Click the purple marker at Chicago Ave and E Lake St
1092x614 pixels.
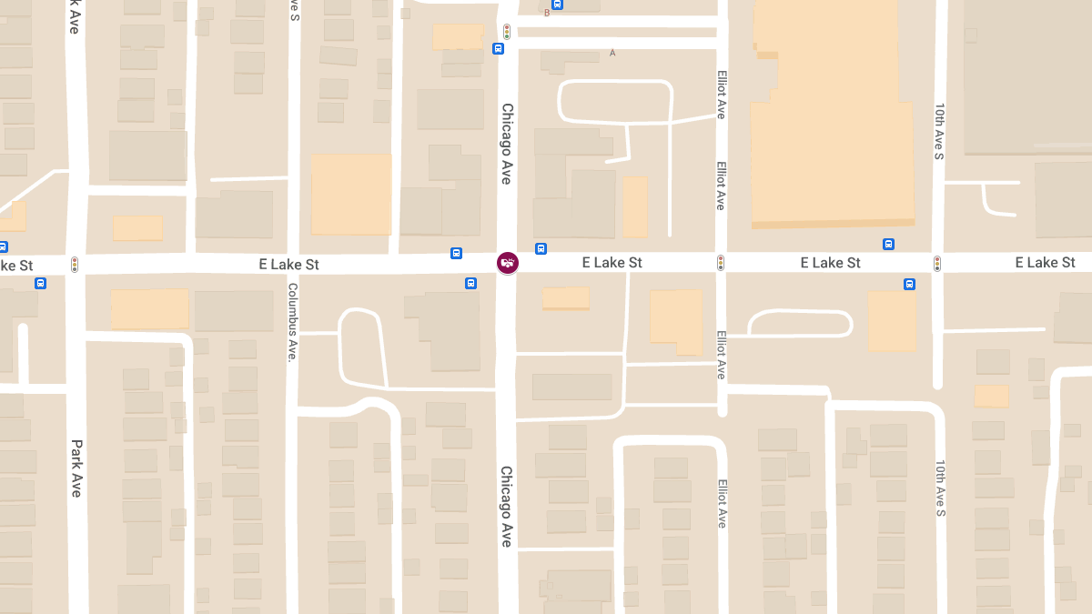508,263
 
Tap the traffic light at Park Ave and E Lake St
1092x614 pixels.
75,265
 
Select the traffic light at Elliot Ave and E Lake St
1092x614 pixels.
721,263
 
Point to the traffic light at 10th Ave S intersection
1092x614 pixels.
937,263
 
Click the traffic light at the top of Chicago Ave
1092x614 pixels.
507,31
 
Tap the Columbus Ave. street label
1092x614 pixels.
293,322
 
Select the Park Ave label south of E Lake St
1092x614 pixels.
77,468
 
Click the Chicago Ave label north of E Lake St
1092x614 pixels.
507,143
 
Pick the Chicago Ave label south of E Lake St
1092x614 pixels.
506,506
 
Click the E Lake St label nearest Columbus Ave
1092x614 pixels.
288,265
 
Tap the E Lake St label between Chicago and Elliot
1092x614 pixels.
612,263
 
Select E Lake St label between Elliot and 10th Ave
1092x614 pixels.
830,263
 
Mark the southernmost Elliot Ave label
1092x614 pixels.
722,503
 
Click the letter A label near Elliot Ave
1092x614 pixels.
612,53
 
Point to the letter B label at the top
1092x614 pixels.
547,13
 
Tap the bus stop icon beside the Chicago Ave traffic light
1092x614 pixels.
498,48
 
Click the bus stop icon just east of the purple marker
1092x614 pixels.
541,248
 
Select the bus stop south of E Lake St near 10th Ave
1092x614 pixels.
909,284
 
